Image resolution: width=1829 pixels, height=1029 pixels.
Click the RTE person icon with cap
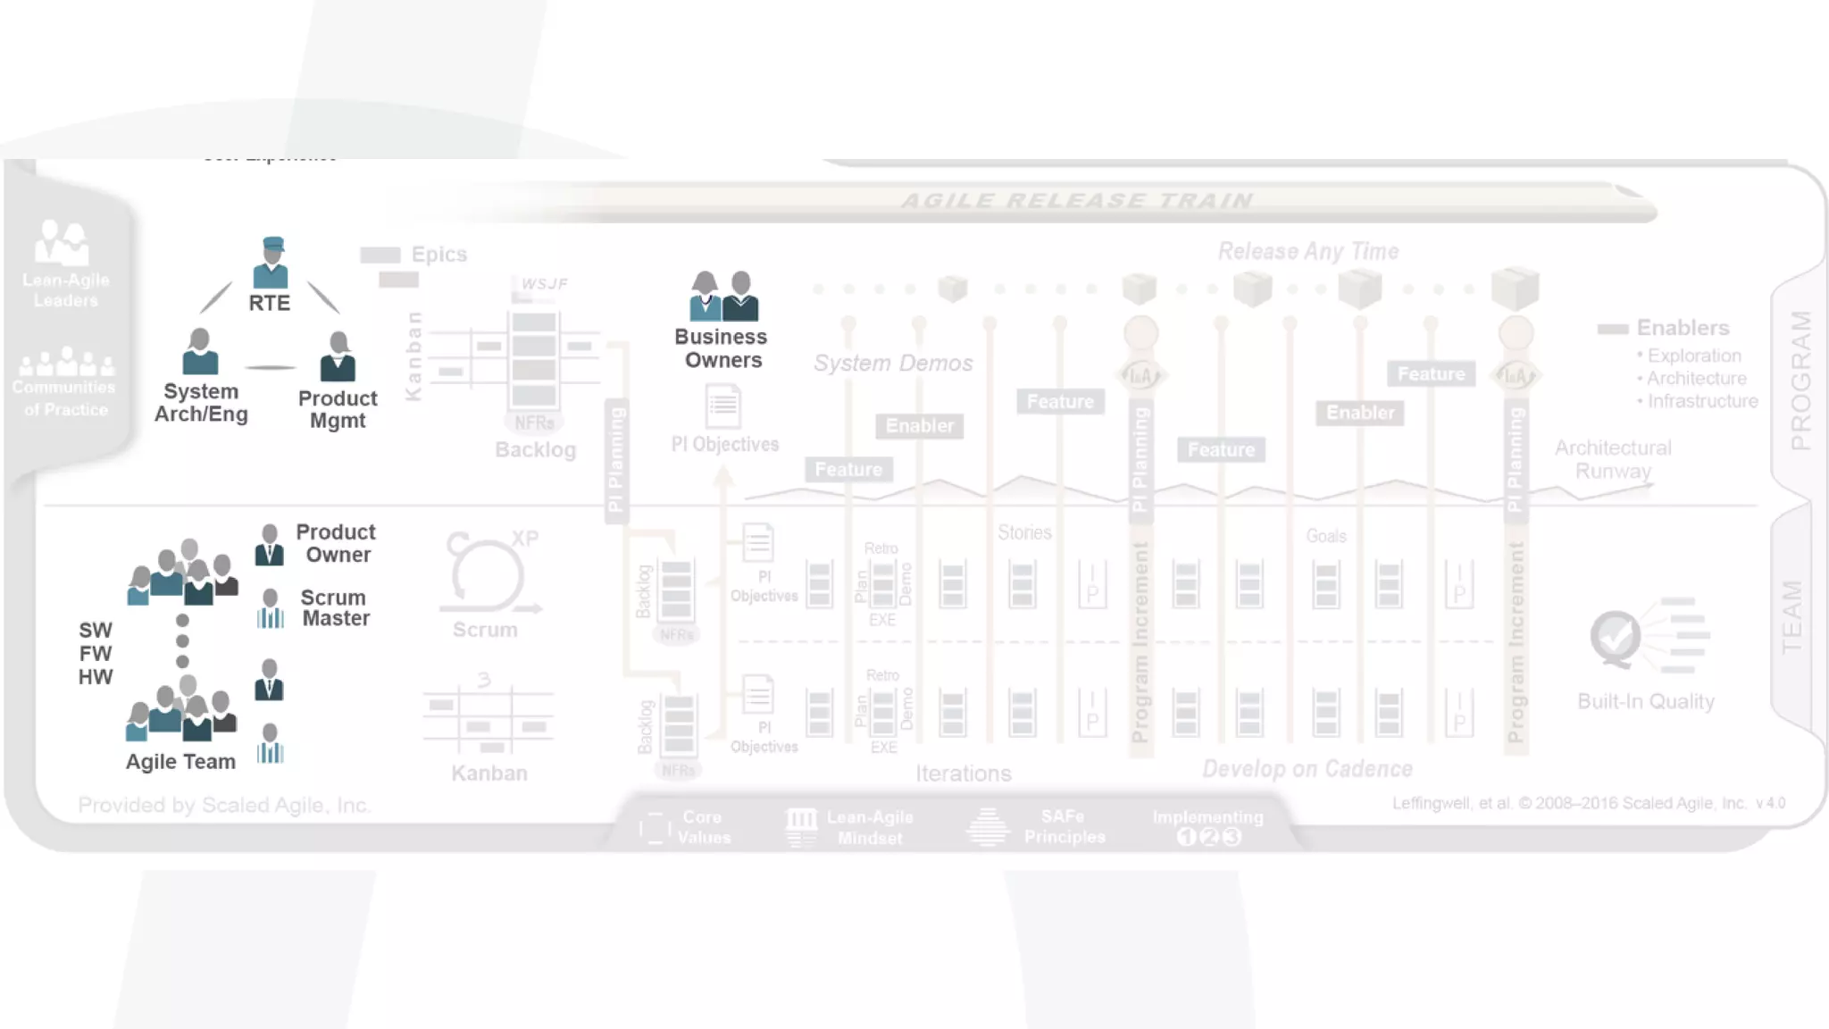pos(271,263)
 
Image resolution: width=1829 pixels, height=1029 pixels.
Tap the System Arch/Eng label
pos(201,403)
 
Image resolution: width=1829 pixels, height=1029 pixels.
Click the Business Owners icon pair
pos(723,296)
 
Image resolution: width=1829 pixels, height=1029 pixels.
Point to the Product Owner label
pos(336,543)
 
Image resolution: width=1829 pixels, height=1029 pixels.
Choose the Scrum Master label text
pos(335,607)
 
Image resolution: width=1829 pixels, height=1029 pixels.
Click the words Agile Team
pos(180,762)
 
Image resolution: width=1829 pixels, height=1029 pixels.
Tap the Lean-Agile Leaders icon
pos(62,243)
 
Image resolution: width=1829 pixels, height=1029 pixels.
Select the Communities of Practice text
pos(64,398)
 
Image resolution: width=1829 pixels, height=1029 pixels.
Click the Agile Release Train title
pos(1077,201)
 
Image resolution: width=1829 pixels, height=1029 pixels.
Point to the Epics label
pos(438,255)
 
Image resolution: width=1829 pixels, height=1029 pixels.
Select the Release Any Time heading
pos(1307,252)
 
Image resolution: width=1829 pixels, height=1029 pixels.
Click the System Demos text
pos(893,364)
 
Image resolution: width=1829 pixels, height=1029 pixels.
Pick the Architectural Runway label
pos(1613,459)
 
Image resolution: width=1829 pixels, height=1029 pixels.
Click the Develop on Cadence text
pos(1307,769)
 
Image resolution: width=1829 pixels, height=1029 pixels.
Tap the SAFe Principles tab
pos(1064,827)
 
